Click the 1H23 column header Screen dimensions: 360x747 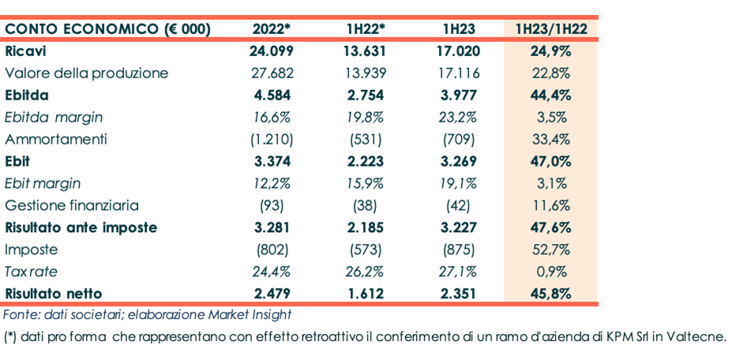click(x=459, y=29)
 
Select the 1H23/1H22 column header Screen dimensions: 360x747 click(x=550, y=29)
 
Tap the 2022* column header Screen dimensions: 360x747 click(x=272, y=29)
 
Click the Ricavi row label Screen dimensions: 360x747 click(x=25, y=51)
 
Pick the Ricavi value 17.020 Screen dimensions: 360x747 click(x=459, y=51)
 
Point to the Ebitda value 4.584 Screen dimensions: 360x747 click(x=272, y=96)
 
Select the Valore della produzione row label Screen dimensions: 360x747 click(x=87, y=73)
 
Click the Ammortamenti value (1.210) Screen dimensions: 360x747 click(x=272, y=140)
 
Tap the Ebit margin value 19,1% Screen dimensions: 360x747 click(x=459, y=183)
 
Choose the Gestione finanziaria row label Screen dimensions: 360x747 click(x=72, y=205)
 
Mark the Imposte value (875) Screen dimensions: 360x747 click(x=459, y=249)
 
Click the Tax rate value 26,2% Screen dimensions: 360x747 click(x=365, y=272)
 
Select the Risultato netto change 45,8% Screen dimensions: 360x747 click(x=550, y=294)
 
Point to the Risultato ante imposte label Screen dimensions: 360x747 click(x=81, y=227)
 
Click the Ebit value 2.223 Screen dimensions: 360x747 click(x=365, y=162)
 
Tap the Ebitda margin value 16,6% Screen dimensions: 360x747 click(x=272, y=118)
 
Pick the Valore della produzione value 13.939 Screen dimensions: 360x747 click(x=365, y=73)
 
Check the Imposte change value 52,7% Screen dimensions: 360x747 click(x=550, y=249)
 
